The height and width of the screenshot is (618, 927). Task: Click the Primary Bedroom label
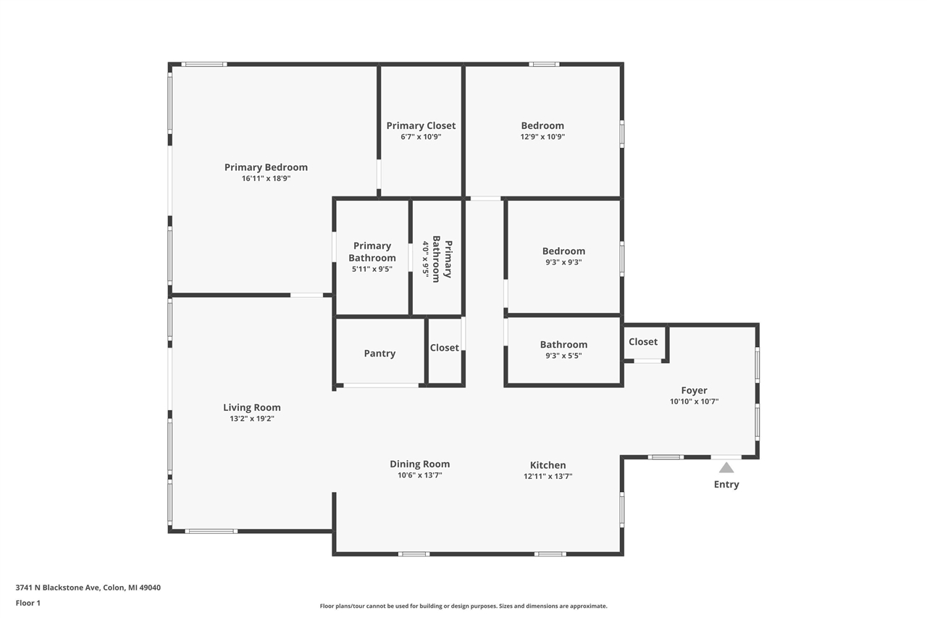(x=266, y=167)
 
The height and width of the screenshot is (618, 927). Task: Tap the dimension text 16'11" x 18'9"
(x=266, y=179)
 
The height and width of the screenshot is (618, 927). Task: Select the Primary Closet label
(x=421, y=125)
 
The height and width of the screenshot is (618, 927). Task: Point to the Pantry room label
(x=379, y=354)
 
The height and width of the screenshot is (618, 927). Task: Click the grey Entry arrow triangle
(x=726, y=468)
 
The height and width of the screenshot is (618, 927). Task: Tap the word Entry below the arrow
(x=726, y=485)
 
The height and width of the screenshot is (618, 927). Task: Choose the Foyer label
(x=694, y=391)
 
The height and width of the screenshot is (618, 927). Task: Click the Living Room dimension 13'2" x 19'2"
(x=251, y=419)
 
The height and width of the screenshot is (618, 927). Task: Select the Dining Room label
(x=419, y=464)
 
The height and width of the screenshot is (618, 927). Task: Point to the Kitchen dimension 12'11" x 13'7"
(x=548, y=477)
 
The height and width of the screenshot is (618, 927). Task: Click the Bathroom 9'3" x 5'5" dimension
(x=563, y=356)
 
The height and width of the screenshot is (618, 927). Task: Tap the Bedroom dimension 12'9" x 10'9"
(x=542, y=137)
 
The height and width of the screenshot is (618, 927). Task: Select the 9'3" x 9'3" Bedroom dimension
(x=563, y=263)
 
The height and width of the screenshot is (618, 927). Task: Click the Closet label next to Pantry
(x=444, y=348)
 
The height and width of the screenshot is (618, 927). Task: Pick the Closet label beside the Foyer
(x=643, y=342)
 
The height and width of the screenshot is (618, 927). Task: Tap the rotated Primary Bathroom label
(x=442, y=259)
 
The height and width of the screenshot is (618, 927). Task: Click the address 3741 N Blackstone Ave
(x=58, y=588)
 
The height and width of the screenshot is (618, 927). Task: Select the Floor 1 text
(x=28, y=603)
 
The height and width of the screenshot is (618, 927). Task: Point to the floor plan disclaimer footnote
(x=463, y=606)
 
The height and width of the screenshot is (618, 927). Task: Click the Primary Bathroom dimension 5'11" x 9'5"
(x=372, y=270)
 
